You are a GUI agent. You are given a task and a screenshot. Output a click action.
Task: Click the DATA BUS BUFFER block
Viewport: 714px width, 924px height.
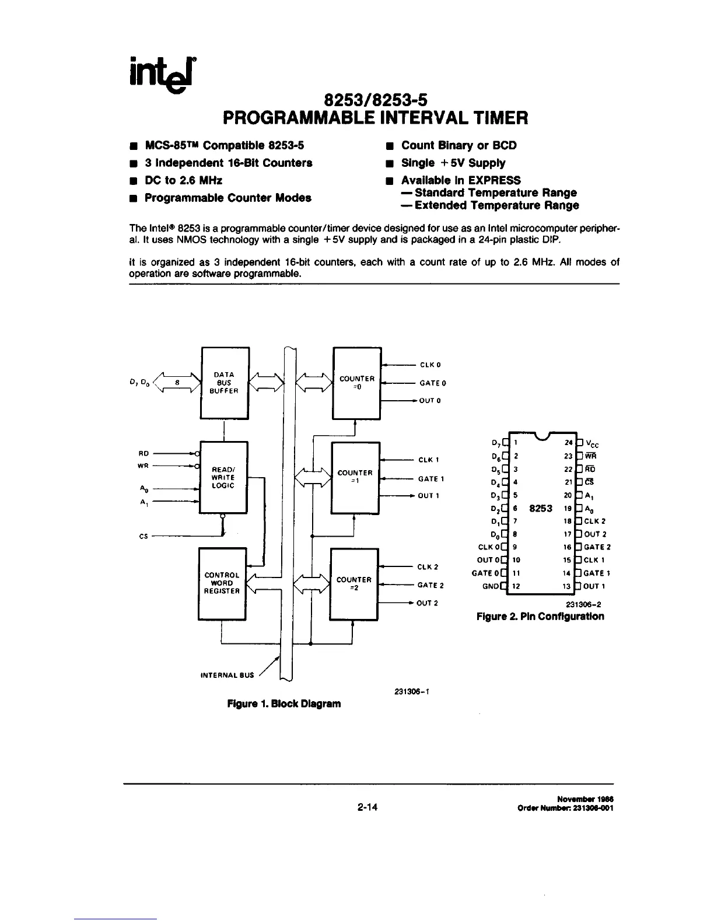click(x=225, y=383)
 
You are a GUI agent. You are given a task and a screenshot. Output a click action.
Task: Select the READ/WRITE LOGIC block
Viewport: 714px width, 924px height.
click(x=223, y=477)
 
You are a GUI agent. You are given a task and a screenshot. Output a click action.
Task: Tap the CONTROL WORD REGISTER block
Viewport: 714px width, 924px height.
click(x=222, y=583)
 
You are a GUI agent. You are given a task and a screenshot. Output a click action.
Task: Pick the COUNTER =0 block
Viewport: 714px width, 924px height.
click(x=356, y=383)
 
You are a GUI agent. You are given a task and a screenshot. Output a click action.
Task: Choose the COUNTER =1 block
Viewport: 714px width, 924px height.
click(x=355, y=477)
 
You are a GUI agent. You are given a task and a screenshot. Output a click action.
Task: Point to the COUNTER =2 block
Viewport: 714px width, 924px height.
click(x=354, y=583)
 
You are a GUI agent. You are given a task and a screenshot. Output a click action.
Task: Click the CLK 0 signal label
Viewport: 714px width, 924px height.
click(x=430, y=365)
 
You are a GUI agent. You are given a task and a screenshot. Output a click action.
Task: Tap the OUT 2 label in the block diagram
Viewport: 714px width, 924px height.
click(x=427, y=603)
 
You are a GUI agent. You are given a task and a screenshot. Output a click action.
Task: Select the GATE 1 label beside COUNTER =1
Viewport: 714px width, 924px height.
click(x=431, y=479)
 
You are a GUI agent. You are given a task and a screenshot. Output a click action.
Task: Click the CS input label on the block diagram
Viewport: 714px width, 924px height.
click(x=143, y=537)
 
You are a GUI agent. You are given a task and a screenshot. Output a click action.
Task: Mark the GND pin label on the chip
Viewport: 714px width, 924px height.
click(x=491, y=586)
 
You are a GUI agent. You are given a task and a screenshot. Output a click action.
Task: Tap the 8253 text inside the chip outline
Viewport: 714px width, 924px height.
click(x=541, y=508)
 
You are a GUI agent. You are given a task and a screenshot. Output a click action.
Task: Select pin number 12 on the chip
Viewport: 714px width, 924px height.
click(x=516, y=586)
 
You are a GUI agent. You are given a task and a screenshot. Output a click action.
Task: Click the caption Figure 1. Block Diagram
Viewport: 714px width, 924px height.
click(x=283, y=703)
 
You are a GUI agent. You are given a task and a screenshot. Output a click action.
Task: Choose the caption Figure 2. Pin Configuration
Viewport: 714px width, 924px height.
click(x=540, y=617)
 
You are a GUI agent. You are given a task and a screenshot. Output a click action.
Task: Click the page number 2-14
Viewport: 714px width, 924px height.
click(x=368, y=808)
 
